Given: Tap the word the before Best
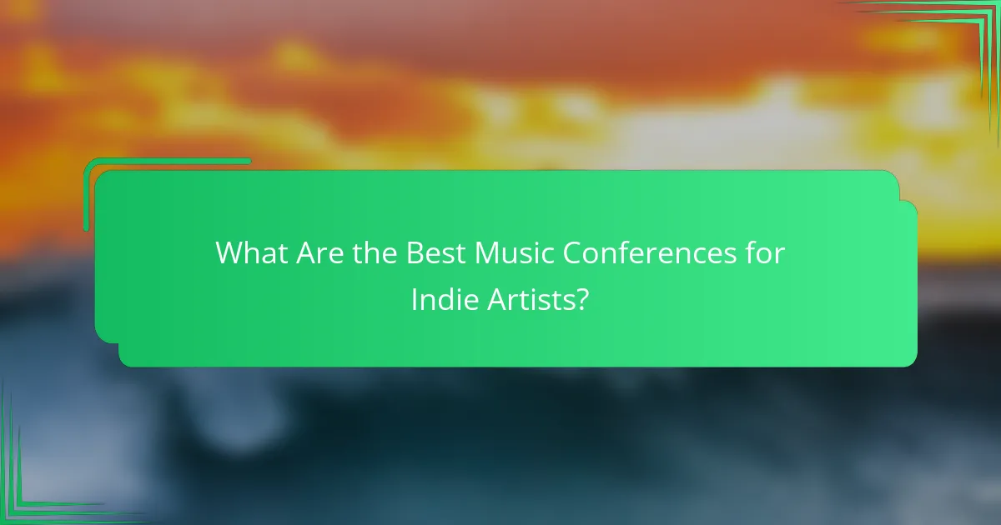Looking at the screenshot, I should click(x=374, y=253).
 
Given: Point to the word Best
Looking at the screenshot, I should click(x=437, y=253).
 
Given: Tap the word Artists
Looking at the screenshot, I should click(x=528, y=300).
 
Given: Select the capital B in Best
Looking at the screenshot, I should click(x=415, y=253).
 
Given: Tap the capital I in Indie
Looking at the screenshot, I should click(x=414, y=300).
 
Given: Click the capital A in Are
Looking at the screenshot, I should click(x=304, y=253).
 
